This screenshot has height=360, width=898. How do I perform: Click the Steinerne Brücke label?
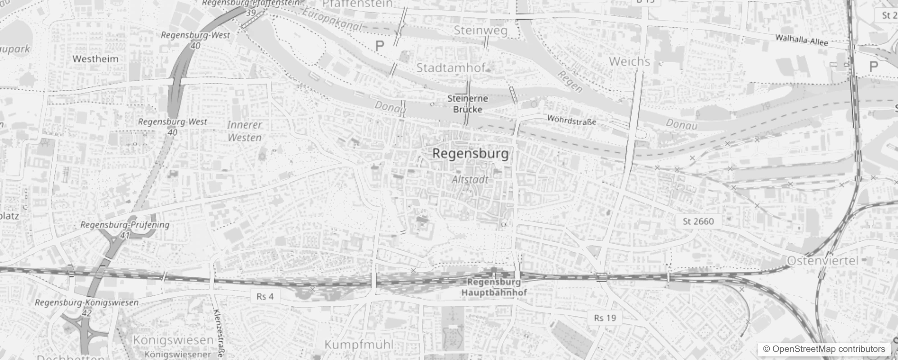pyautogui.click(x=467, y=104)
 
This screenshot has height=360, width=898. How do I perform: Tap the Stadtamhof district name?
pyautogui.click(x=451, y=68)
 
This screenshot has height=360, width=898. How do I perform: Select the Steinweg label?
pyautogui.click(x=480, y=31)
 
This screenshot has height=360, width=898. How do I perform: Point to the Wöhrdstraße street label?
pyautogui.click(x=571, y=120)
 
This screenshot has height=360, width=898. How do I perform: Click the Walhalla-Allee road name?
pyautogui.click(x=801, y=40)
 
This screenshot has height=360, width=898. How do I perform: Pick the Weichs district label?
pyautogui.click(x=629, y=61)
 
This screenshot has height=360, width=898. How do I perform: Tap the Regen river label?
pyautogui.click(x=570, y=81)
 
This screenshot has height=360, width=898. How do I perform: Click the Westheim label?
pyautogui.click(x=95, y=59)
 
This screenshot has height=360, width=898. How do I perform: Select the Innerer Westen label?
pyautogui.click(x=244, y=131)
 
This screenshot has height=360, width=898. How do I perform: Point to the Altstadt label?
pyautogui.click(x=470, y=180)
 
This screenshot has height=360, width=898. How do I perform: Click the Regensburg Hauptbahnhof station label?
pyautogui.click(x=494, y=288)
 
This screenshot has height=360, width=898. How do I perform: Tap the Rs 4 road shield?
pyautogui.click(x=265, y=296)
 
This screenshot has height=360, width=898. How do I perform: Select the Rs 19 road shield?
pyautogui.click(x=605, y=318)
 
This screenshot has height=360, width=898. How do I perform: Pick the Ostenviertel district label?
pyautogui.click(x=823, y=261)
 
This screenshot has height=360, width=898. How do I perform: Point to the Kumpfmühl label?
pyautogui.click(x=359, y=345)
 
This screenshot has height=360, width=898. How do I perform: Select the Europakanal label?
pyautogui.click(x=332, y=20)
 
